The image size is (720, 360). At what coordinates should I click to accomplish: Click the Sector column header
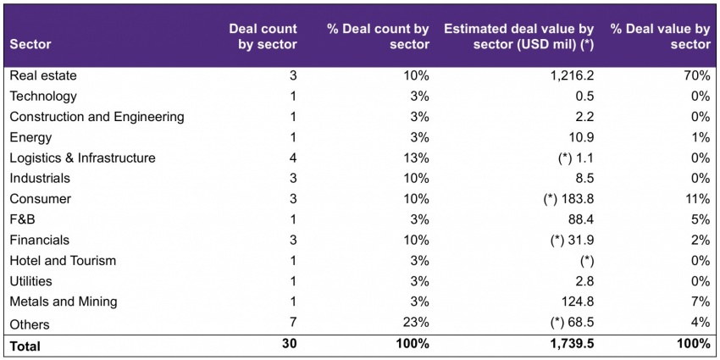click(x=30, y=45)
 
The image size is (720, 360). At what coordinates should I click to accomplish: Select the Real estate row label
click(x=43, y=75)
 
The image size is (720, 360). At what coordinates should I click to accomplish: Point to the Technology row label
click(x=43, y=96)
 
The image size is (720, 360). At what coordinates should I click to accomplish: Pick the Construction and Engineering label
click(x=97, y=117)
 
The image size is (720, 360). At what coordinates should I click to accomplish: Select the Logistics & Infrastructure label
click(x=83, y=158)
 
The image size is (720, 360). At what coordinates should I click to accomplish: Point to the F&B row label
click(x=23, y=219)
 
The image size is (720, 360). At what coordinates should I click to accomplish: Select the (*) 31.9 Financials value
click(x=572, y=241)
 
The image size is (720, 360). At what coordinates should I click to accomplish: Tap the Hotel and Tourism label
click(x=63, y=261)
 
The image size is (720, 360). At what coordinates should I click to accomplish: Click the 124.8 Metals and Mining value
click(x=579, y=302)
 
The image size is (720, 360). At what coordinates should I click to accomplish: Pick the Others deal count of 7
click(x=293, y=323)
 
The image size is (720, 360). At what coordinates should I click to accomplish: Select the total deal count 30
click(x=290, y=345)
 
